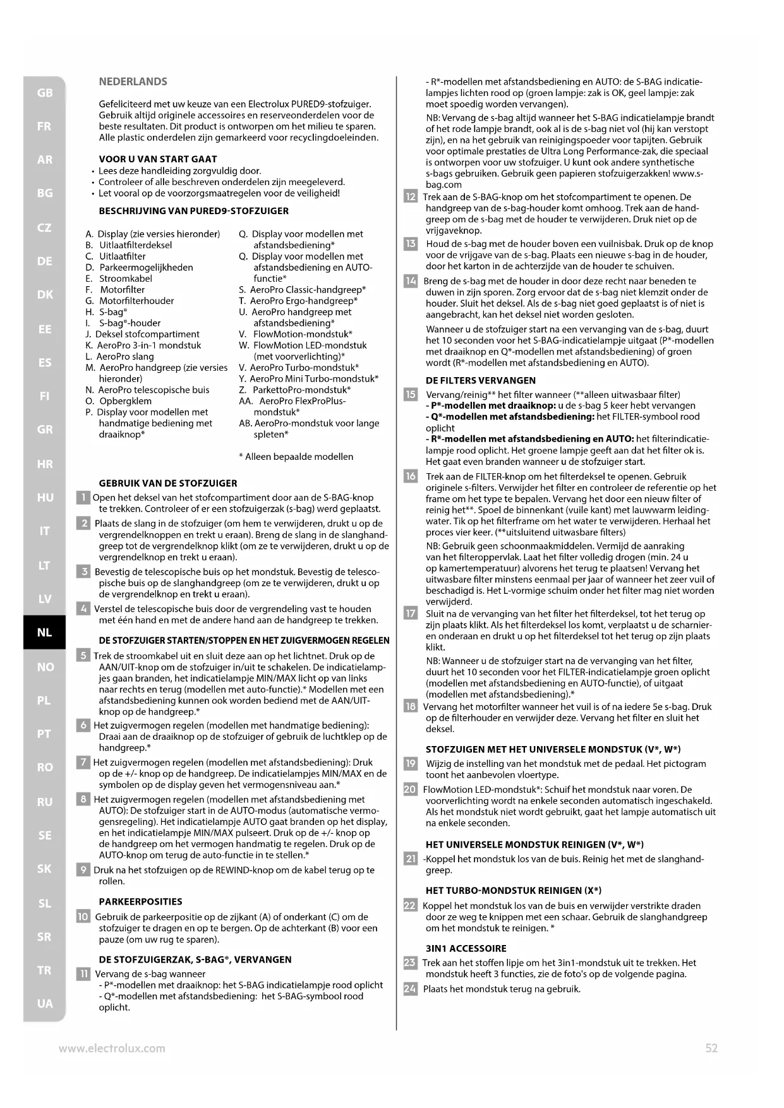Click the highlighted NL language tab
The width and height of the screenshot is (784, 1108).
(44, 632)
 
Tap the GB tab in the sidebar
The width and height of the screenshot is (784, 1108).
(44, 93)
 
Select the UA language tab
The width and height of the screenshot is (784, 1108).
(44, 1004)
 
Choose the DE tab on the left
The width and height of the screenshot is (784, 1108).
(44, 261)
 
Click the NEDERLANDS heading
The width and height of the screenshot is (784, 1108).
(133, 81)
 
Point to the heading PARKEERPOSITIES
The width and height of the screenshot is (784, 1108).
(140, 901)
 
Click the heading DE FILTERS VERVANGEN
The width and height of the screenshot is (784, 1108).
(480, 380)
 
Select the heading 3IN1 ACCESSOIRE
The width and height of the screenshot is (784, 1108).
(466, 948)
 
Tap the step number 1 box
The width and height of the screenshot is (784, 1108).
(83, 498)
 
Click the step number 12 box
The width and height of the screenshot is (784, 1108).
(410, 197)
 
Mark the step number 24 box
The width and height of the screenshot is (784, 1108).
(410, 989)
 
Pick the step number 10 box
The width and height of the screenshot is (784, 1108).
(83, 917)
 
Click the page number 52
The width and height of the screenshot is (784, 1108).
(711, 1048)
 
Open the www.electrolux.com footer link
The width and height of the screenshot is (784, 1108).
(112, 1048)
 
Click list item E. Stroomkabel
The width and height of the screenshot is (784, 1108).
(119, 279)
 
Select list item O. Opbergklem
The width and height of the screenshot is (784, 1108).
(118, 401)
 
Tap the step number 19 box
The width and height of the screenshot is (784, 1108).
(410, 764)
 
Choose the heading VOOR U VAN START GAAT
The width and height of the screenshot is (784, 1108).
(157, 159)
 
